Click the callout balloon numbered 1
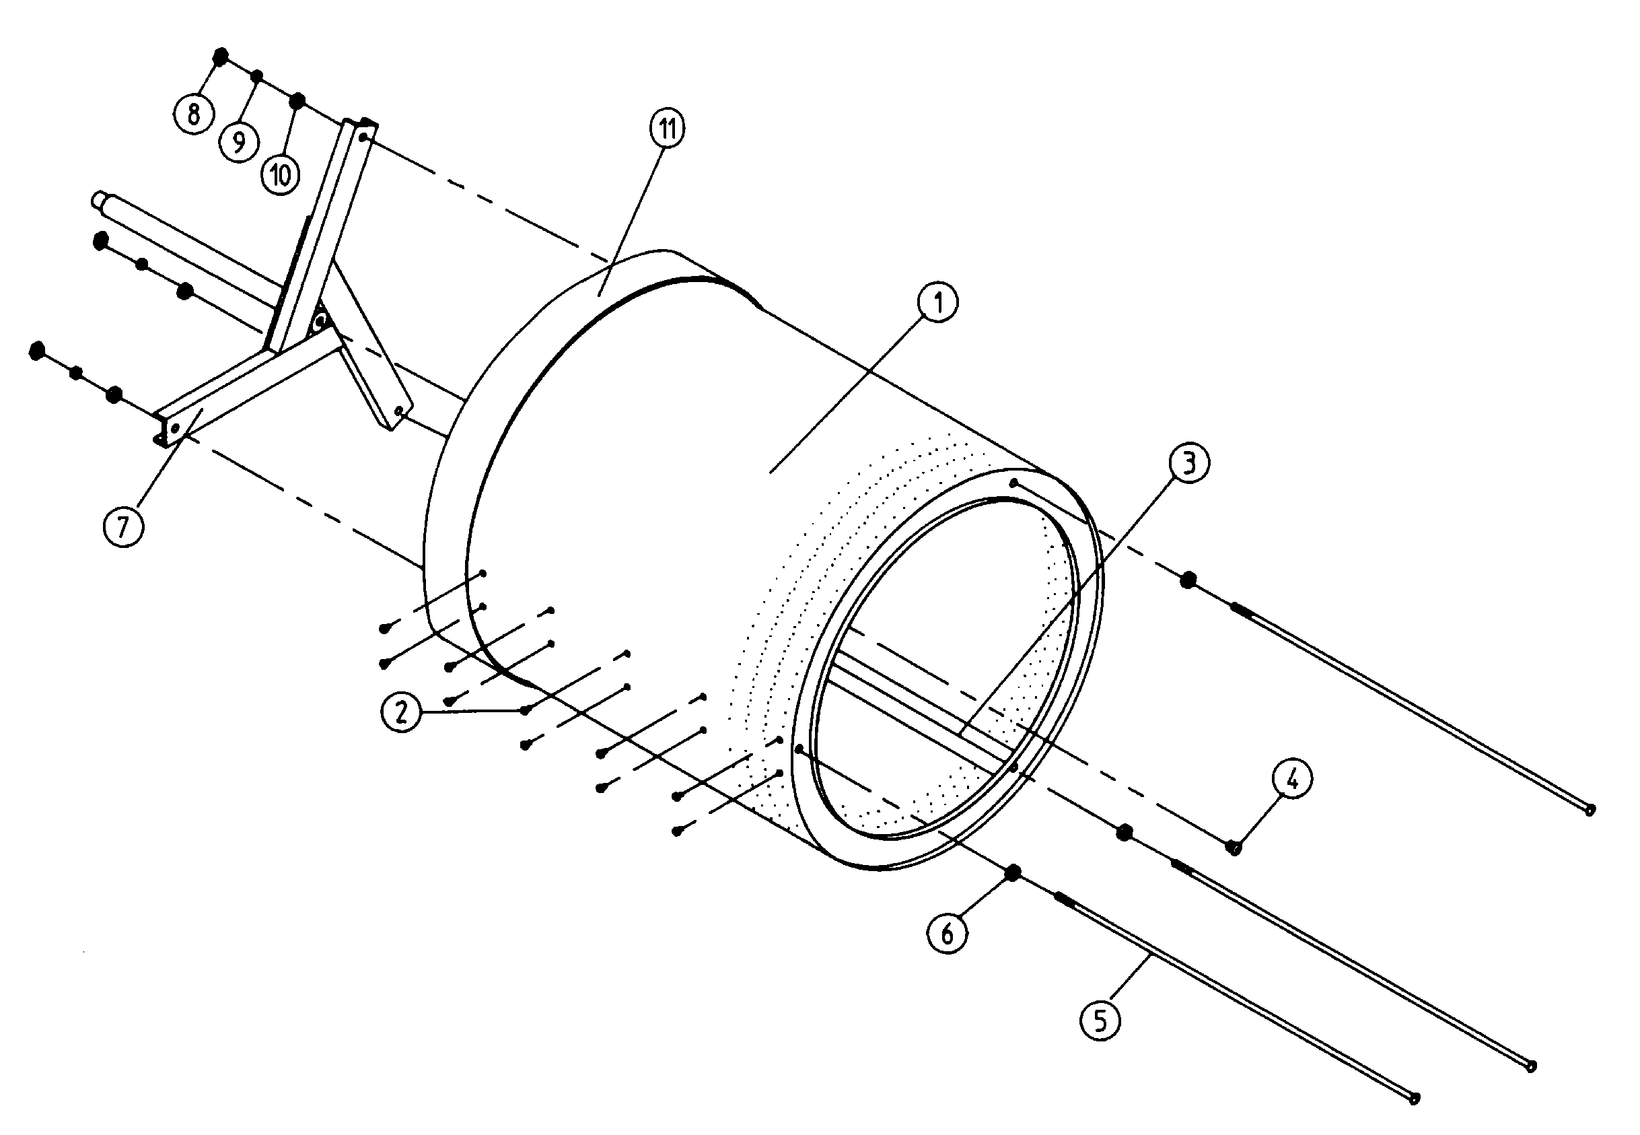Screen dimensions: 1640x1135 click(x=937, y=303)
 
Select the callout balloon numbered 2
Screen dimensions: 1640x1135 click(x=402, y=711)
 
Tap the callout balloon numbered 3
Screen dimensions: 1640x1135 click(x=1188, y=464)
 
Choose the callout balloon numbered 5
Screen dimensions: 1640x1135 click(x=1100, y=1021)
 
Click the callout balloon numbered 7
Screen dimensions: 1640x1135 click(x=123, y=527)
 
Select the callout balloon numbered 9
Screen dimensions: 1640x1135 click(x=239, y=142)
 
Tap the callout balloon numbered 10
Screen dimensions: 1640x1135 click(x=280, y=174)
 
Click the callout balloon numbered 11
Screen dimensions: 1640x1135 click(x=667, y=129)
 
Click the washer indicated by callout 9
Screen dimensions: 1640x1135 click(x=257, y=76)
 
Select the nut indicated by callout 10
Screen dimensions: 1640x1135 click(x=298, y=101)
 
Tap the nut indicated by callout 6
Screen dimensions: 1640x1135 click(x=1013, y=872)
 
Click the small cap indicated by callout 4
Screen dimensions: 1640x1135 click(x=1234, y=847)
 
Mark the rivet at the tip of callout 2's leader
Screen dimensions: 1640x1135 click(x=526, y=710)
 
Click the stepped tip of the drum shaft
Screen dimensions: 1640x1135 click(x=98, y=199)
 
